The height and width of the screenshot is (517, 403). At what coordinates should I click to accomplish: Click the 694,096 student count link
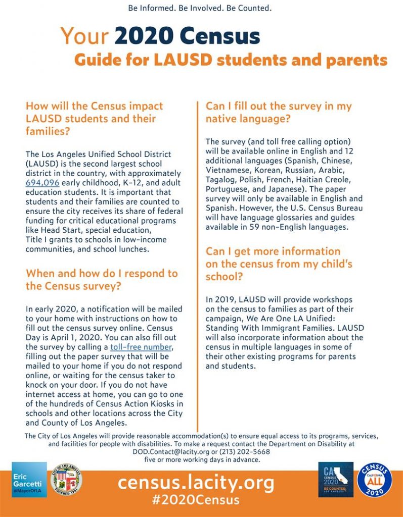pyautogui.click(x=42, y=182)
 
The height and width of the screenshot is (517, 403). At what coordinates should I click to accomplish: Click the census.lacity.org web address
pyautogui.click(x=196, y=483)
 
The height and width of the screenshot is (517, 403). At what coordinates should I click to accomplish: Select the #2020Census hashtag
pyautogui.click(x=196, y=500)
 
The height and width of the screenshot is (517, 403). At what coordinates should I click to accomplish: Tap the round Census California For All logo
pyautogui.click(x=375, y=480)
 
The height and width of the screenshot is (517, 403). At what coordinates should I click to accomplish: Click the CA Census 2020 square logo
pyautogui.click(x=336, y=480)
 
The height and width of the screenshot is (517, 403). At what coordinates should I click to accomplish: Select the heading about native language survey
pyautogui.click(x=278, y=113)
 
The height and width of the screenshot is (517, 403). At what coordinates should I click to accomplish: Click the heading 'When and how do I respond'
pyautogui.click(x=102, y=280)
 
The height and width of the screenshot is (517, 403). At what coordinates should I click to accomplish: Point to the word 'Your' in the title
pyautogui.click(x=84, y=36)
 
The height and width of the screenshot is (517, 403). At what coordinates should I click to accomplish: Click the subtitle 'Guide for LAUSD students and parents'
pyautogui.click(x=231, y=60)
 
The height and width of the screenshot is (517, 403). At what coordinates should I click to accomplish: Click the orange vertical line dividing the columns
pyautogui.click(x=198, y=263)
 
